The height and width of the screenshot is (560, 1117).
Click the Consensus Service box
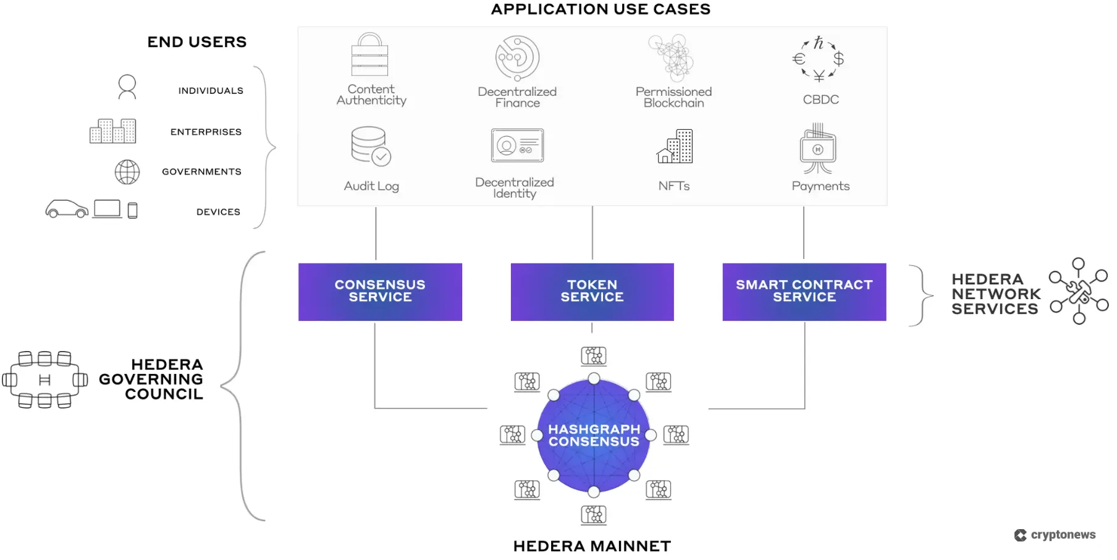(380, 292)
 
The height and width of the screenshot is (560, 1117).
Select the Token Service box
(592, 292)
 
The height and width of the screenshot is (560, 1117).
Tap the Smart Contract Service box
(804, 292)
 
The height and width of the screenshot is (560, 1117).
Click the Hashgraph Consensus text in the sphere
(594, 435)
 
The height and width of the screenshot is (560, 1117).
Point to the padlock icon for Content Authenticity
(369, 55)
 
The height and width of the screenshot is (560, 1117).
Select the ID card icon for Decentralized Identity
(517, 146)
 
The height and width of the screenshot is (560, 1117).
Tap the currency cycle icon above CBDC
(819, 59)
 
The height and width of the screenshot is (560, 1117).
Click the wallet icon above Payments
(818, 149)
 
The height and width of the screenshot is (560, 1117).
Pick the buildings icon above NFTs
(675, 147)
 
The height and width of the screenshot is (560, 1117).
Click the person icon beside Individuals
(127, 87)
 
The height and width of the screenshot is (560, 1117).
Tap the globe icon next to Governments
(127, 172)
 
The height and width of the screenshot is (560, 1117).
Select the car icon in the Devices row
(67, 209)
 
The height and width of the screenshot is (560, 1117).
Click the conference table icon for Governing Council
(44, 380)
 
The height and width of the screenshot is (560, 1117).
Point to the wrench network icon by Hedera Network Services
(1079, 291)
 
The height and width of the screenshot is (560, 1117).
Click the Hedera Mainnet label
(592, 546)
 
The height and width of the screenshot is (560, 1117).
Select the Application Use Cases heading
(601, 9)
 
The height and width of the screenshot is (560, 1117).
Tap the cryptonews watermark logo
(1055, 535)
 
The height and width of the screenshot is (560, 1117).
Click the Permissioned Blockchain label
(673, 97)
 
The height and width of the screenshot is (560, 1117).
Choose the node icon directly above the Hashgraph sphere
(594, 356)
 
